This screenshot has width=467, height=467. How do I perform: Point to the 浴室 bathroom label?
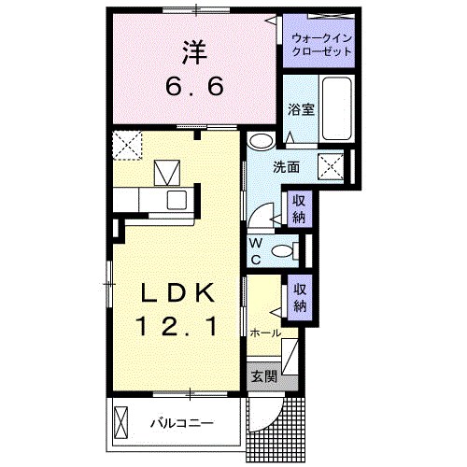pos(300,108)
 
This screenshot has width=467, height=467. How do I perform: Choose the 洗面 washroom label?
pos(286,168)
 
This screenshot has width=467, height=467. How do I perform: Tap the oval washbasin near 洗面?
pos(261,142)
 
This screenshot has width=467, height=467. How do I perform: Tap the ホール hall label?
pos(265,333)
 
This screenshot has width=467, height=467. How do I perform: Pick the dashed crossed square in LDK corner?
pos(126,145)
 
